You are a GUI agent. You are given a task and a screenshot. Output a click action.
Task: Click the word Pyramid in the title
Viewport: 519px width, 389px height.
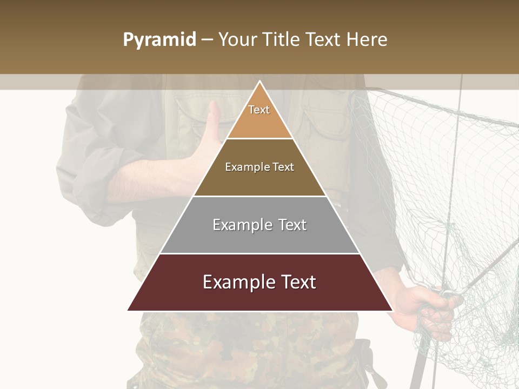[x=159, y=40]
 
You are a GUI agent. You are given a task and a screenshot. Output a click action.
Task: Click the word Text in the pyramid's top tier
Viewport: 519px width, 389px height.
[x=259, y=110]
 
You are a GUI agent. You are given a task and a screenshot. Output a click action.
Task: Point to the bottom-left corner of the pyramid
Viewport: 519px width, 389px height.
[x=128, y=310]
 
